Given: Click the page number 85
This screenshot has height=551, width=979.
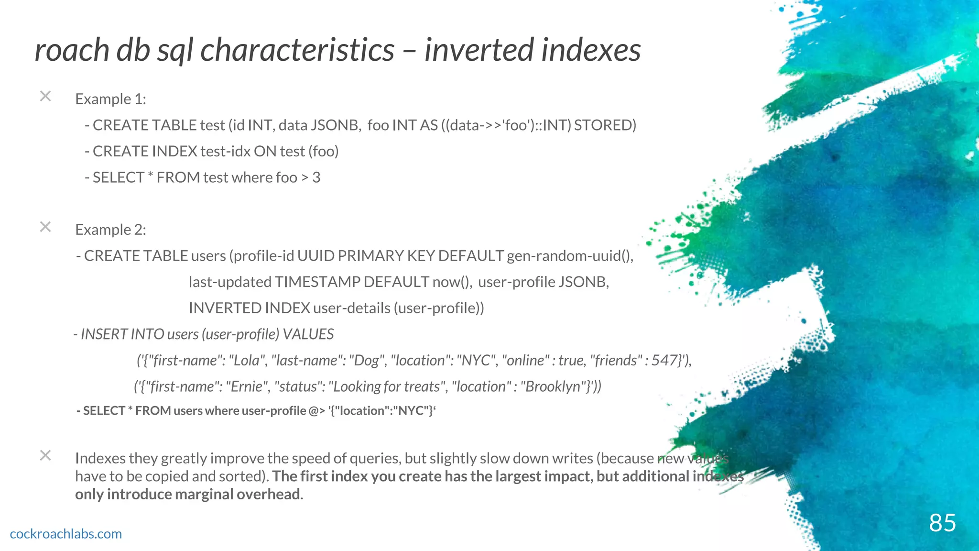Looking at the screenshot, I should click(942, 523).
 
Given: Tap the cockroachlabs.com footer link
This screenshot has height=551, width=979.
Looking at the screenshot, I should click(66, 534).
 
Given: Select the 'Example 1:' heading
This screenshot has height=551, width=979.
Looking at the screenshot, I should click(110, 99).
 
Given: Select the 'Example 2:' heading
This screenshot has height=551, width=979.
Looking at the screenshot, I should click(110, 230).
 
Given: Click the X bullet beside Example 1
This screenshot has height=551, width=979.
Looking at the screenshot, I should click(45, 96).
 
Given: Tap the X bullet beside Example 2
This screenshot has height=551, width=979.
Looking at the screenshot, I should click(45, 227).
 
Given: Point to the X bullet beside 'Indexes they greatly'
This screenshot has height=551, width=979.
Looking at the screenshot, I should click(45, 455).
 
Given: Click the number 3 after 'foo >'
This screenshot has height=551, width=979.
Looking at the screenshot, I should click(316, 177).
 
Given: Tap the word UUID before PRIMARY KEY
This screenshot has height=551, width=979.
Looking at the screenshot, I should click(315, 256).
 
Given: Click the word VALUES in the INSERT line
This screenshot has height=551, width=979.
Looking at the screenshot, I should click(308, 334).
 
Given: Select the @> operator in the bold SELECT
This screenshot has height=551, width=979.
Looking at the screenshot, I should click(317, 411).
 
